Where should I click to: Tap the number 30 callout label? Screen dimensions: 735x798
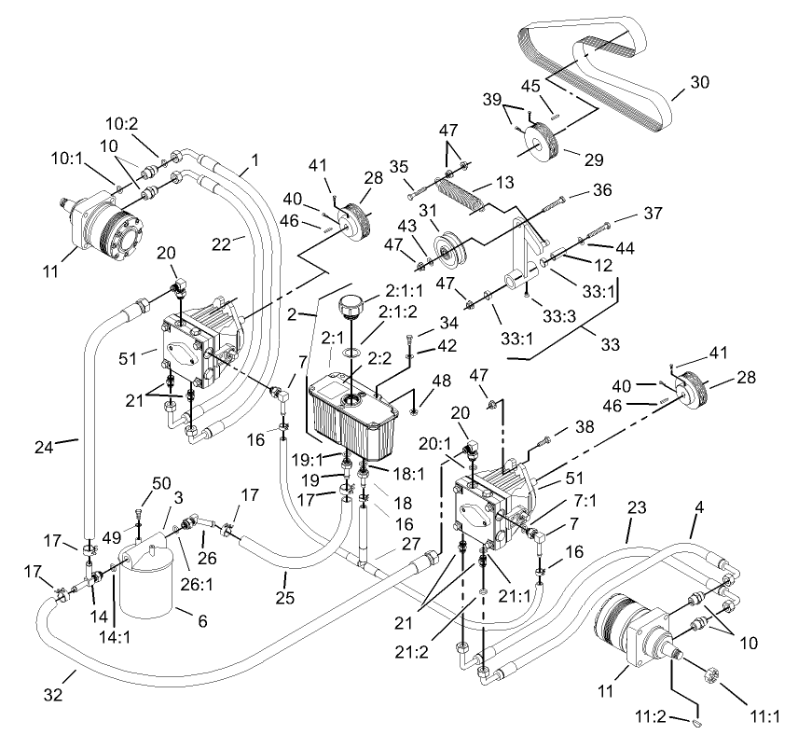[698, 82]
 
